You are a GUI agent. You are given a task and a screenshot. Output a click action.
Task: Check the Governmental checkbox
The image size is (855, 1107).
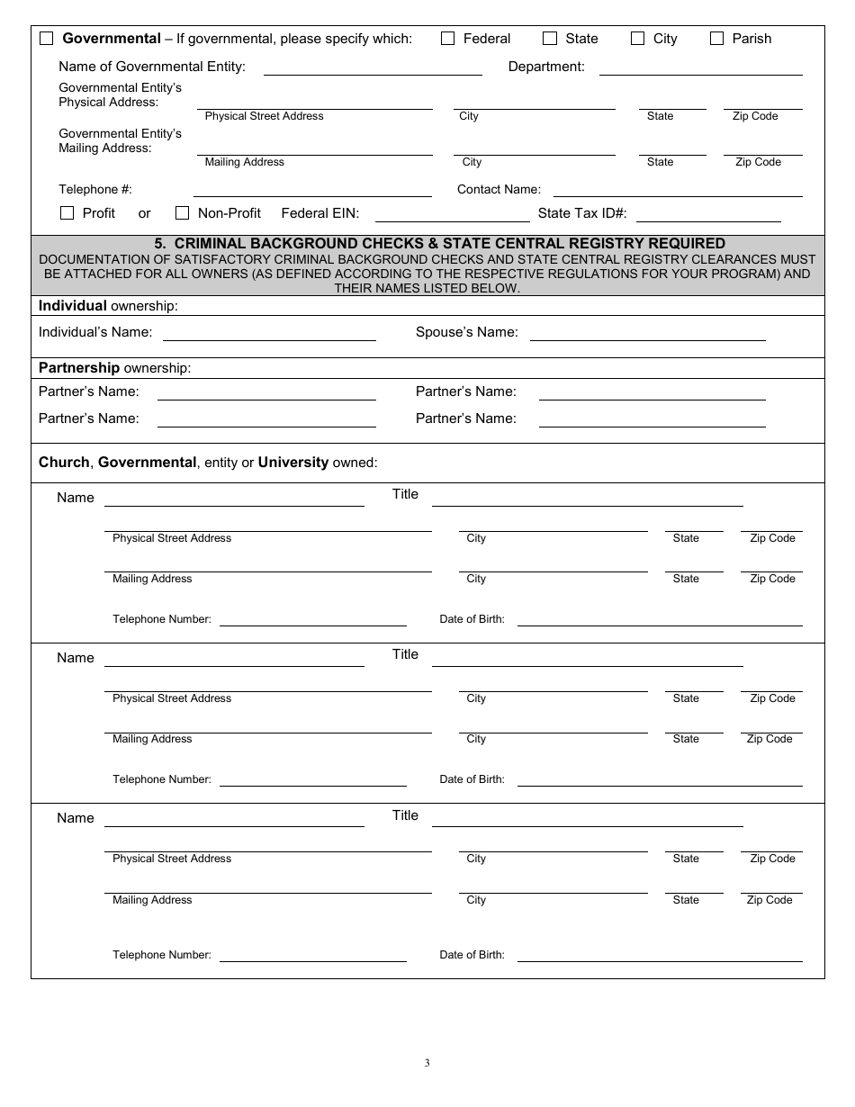tap(47, 39)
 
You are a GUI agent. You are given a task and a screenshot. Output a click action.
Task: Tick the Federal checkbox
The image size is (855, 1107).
tap(447, 39)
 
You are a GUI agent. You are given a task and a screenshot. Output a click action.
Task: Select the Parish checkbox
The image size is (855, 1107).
tap(716, 39)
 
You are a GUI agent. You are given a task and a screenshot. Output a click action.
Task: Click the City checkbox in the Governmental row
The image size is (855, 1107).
tap(637, 39)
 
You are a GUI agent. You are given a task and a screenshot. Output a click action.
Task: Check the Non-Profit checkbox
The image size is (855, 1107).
tap(182, 213)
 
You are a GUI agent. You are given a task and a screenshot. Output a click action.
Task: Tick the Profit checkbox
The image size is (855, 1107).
tap(67, 213)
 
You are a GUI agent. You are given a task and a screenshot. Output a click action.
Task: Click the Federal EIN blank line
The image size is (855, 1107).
tap(452, 216)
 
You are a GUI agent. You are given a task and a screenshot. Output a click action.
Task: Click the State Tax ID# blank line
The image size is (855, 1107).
tap(708, 216)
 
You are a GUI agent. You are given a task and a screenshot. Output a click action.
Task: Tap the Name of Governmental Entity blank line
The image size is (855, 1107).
tap(373, 69)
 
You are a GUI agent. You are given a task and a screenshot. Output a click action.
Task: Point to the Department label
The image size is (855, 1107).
tap(546, 67)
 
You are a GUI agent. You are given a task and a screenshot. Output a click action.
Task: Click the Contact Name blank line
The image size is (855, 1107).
tap(677, 191)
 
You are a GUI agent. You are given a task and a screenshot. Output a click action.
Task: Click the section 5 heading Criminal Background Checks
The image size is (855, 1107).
tap(439, 244)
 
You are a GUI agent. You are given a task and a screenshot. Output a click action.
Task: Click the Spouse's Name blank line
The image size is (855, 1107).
tap(647, 335)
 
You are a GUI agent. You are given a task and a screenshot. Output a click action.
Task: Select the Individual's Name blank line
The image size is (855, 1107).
tap(268, 335)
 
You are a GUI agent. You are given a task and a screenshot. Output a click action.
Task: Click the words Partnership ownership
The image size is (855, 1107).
tap(114, 368)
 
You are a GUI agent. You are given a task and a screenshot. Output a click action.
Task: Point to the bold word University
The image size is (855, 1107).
tap(292, 463)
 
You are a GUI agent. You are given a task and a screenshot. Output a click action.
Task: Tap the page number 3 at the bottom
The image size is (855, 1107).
tap(427, 1063)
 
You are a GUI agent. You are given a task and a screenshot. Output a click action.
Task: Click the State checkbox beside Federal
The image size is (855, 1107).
tap(550, 39)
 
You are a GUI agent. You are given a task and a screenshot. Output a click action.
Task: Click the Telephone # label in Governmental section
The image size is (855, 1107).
tap(95, 190)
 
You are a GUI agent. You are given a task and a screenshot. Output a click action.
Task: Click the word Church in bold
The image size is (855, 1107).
tap(64, 463)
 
